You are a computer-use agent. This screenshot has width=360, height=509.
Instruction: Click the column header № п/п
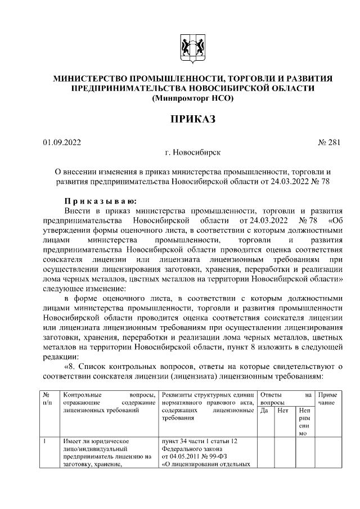click(48, 399)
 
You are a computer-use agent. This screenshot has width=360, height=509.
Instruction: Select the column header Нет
click(283, 411)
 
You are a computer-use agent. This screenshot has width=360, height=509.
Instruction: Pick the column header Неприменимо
click(304, 423)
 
